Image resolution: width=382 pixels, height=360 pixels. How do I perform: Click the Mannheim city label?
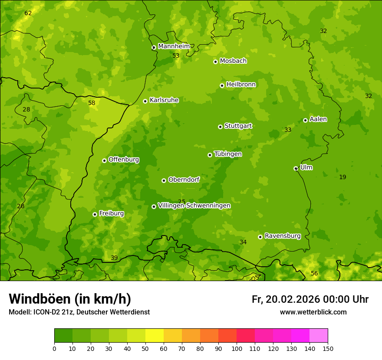[x=174, y=46]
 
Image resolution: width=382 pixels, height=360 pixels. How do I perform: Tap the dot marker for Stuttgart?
[x=221, y=127]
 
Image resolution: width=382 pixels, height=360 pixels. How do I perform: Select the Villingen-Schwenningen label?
[x=194, y=205]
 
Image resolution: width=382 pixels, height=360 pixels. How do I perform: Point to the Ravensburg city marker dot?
[x=260, y=237]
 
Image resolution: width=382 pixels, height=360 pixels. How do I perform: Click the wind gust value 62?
[x=28, y=13]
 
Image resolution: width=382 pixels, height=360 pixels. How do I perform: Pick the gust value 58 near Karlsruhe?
[x=92, y=103]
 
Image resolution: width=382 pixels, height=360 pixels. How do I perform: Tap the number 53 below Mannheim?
[x=176, y=56]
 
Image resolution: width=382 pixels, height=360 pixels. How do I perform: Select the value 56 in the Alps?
[x=314, y=273]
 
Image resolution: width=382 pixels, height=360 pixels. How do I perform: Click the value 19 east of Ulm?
[x=342, y=177]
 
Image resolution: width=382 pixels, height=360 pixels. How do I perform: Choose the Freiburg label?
[x=111, y=213]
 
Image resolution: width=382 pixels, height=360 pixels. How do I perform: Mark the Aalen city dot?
[x=306, y=120]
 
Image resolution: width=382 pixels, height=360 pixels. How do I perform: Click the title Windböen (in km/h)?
[x=70, y=299]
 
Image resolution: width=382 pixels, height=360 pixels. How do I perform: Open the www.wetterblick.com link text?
[x=313, y=312]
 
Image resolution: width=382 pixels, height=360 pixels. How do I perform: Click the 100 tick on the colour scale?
[x=237, y=348]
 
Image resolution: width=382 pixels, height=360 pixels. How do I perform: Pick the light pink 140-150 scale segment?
[x=319, y=335]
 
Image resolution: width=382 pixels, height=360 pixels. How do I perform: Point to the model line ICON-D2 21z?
[x=79, y=312]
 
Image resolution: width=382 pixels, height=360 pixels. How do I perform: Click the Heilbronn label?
[x=241, y=84]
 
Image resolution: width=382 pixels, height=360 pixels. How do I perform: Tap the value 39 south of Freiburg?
[x=114, y=258]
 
